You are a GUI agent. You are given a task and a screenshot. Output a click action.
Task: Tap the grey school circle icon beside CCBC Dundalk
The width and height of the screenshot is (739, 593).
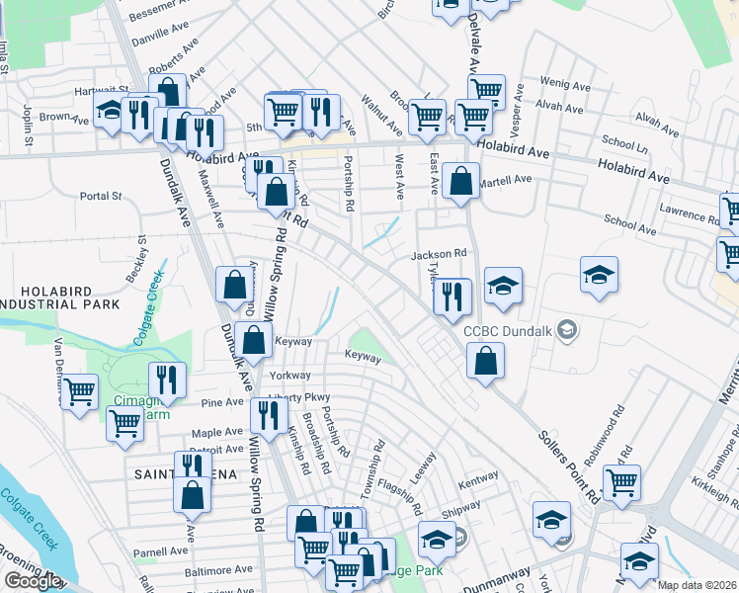tap(567, 328)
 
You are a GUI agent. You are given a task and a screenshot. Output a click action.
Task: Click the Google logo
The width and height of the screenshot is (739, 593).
tap(33, 581)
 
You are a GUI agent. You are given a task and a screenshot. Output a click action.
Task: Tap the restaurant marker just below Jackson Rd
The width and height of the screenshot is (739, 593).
tap(452, 294)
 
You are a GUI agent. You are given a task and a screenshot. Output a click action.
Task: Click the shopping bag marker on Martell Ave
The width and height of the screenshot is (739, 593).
tap(460, 182)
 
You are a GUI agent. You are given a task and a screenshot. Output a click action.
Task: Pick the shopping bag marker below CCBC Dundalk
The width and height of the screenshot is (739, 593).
tap(485, 361)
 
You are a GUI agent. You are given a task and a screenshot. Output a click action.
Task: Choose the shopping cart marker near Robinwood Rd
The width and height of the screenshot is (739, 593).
tap(621, 483)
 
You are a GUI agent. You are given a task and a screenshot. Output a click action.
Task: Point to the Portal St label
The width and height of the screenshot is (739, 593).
tap(101, 196)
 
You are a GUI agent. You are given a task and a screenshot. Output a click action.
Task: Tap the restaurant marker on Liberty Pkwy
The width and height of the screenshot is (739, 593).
tap(268, 415)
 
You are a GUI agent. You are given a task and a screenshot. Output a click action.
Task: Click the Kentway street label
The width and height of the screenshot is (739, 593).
tap(478, 476)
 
